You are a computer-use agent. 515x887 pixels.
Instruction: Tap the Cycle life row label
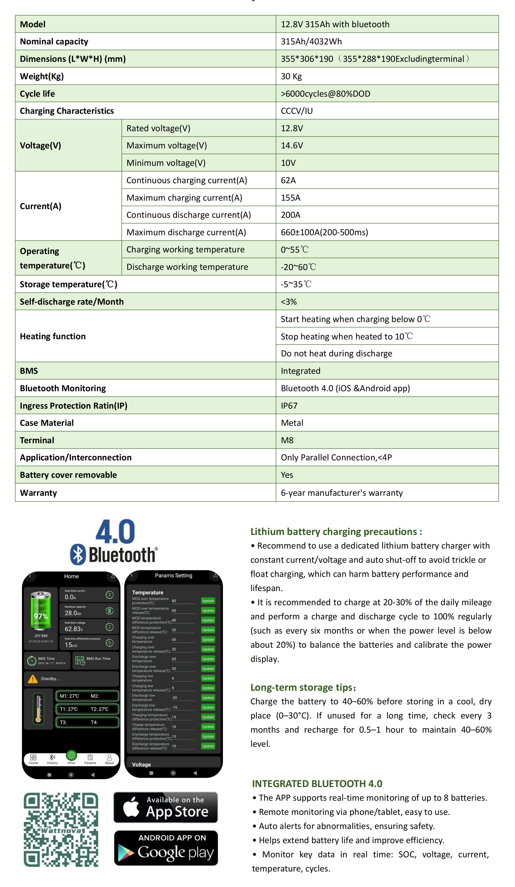point(37,94)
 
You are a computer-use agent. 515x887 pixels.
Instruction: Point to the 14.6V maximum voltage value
point(292,145)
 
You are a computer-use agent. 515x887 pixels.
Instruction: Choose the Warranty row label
point(38,493)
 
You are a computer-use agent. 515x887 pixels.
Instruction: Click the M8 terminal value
point(287,440)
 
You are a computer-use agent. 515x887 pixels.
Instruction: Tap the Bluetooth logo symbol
point(78,554)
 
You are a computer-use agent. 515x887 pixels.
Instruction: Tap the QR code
point(61,829)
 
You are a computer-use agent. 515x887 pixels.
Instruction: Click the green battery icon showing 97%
point(41,611)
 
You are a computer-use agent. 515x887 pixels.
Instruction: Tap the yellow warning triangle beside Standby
point(33,679)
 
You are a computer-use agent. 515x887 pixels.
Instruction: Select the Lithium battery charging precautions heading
point(336,531)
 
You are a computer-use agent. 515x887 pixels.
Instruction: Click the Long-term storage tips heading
point(303,687)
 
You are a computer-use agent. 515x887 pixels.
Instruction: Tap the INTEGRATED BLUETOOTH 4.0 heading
point(317,784)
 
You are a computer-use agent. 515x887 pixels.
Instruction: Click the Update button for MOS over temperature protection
point(208,601)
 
